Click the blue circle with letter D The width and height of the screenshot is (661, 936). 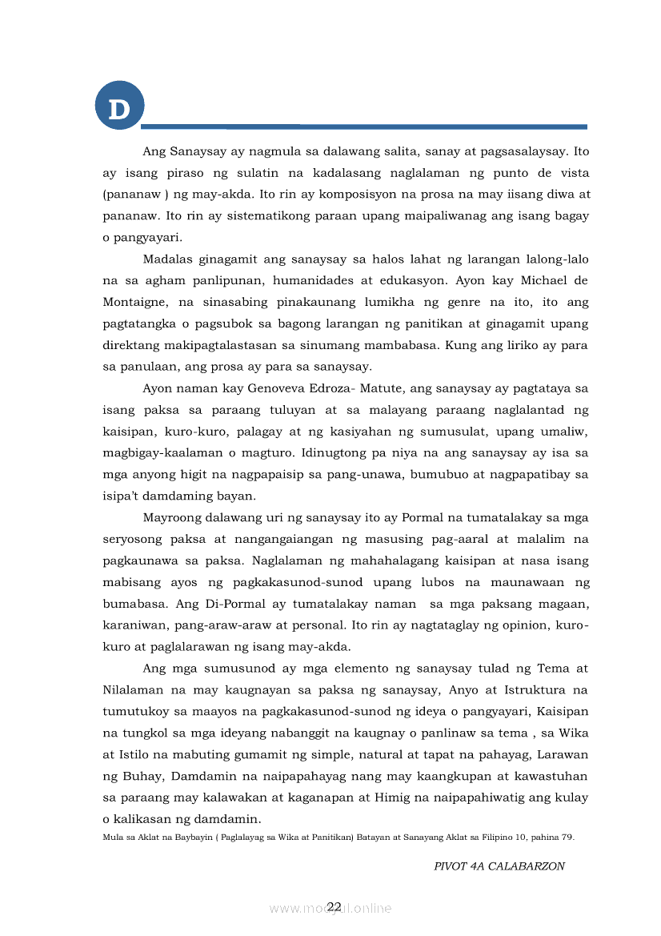(x=119, y=106)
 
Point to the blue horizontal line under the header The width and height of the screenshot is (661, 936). (x=364, y=127)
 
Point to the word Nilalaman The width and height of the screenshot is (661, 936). (x=134, y=689)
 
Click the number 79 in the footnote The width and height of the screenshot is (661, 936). (x=566, y=837)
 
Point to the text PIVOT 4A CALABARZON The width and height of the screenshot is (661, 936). (x=499, y=866)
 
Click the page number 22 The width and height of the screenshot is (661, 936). (x=334, y=906)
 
